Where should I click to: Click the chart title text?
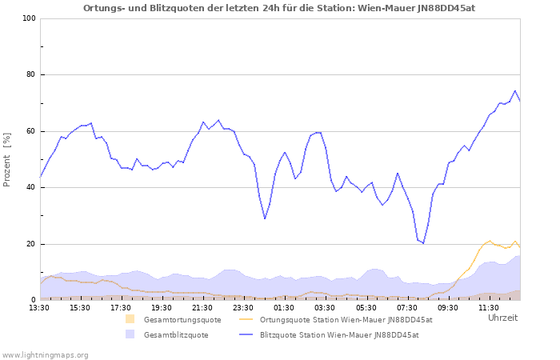280,8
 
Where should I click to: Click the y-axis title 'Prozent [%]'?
7,159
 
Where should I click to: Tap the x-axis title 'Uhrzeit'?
502,318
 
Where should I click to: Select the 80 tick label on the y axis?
30,75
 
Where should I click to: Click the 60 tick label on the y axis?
30,131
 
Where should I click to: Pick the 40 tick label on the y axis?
30,188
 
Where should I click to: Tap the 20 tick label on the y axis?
30,244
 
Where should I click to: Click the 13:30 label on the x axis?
39,307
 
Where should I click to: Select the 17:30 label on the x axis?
122,307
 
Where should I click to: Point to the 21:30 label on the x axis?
203,307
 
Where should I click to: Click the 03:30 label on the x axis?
326,307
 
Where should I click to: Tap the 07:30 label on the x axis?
407,307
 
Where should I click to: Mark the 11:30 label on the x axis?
489,307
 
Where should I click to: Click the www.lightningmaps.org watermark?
46,354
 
